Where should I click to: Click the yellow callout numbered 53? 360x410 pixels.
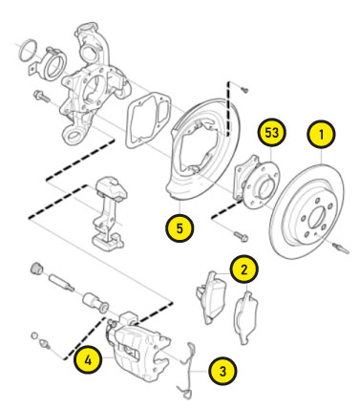pyautogui.click(x=271, y=132)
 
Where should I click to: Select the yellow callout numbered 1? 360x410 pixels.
pyautogui.click(x=321, y=134)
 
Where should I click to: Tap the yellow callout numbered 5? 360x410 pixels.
pyautogui.click(x=180, y=228)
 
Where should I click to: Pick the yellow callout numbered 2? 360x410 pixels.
pyautogui.click(x=244, y=270)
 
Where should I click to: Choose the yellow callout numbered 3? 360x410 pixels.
pyautogui.click(x=222, y=371)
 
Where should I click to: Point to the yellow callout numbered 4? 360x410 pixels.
pyautogui.click(x=88, y=360)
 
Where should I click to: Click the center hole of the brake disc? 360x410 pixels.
pyautogui.click(x=317, y=217)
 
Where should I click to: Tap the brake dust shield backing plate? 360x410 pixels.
pyautogui.click(x=203, y=148)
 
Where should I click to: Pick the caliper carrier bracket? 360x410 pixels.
pyautogui.click(x=108, y=212)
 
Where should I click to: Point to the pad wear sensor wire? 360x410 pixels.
pyautogui.click(x=188, y=371)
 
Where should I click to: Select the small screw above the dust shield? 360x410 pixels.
pyautogui.click(x=244, y=89)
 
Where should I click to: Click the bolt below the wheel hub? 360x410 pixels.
pyautogui.click(x=241, y=236)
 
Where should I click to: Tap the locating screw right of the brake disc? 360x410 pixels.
pyautogui.click(x=341, y=248)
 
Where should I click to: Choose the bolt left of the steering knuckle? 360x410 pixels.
pyautogui.click(x=41, y=96)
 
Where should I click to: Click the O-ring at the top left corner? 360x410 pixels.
pyautogui.click(x=29, y=51)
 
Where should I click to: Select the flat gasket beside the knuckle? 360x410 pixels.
pyautogui.click(x=148, y=120)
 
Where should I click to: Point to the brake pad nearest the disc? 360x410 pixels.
pyautogui.click(x=246, y=317)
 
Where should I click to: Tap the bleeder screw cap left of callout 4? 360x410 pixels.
pyautogui.click(x=34, y=335)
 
